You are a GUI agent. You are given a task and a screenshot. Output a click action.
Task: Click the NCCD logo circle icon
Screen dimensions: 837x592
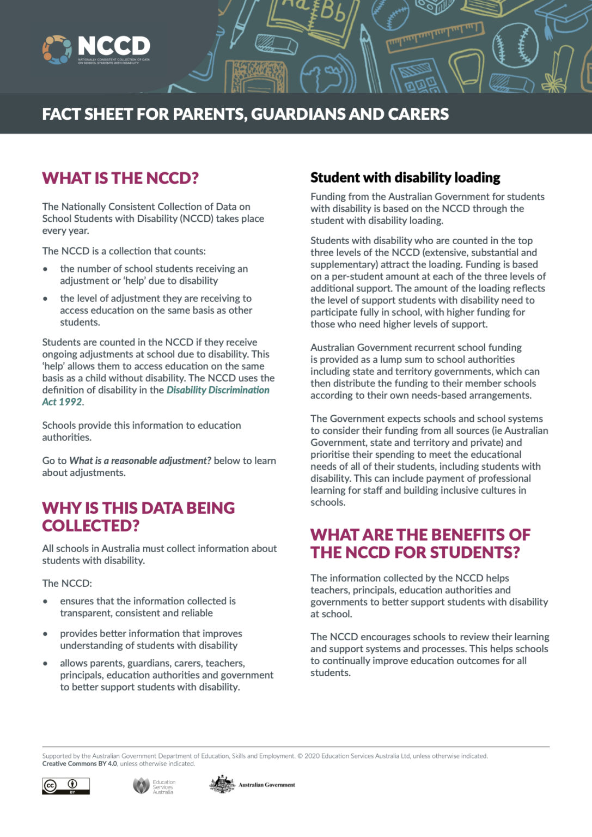coord(57,50)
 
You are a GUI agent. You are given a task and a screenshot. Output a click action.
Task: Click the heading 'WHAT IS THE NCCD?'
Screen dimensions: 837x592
coord(120,178)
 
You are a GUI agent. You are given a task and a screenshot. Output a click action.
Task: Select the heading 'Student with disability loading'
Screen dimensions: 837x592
coord(405,178)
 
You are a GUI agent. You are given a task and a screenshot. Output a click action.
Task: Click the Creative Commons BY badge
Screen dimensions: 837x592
coord(66,786)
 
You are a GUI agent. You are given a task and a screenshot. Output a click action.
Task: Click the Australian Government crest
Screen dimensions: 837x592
coord(222,784)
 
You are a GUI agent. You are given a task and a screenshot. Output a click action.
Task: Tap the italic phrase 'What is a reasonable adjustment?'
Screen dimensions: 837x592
coord(140,461)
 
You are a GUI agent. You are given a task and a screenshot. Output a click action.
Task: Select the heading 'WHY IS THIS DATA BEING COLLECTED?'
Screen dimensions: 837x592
coord(138,517)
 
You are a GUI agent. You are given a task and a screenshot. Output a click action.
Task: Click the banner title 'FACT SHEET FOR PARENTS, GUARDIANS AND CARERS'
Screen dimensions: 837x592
coord(245,114)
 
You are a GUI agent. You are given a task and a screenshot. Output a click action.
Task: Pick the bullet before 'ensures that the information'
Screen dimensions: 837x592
coord(46,602)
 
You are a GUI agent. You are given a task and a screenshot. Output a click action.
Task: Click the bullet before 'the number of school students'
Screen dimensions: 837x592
coord(46,269)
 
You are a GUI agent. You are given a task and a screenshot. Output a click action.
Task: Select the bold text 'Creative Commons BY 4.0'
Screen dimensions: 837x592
coord(80,763)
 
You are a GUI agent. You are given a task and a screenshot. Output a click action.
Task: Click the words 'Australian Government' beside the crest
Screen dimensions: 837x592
coord(266,785)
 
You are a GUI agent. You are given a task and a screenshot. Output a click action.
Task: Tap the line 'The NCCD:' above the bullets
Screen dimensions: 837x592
coord(67,584)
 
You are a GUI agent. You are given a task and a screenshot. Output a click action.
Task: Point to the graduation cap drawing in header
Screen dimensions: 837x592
coord(566,17)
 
